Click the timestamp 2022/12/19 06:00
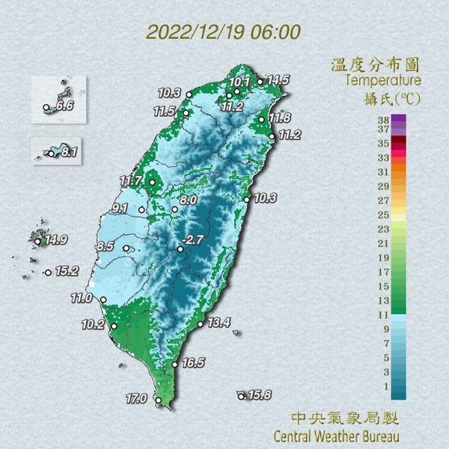click(x=224, y=32)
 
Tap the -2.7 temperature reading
click(x=195, y=240)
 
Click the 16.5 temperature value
click(x=194, y=363)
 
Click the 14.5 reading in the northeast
click(x=278, y=80)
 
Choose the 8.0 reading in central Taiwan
click(x=189, y=199)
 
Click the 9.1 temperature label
click(x=121, y=207)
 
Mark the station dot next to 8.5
click(x=126, y=248)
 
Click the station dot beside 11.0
click(x=103, y=300)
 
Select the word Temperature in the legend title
click(x=383, y=81)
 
